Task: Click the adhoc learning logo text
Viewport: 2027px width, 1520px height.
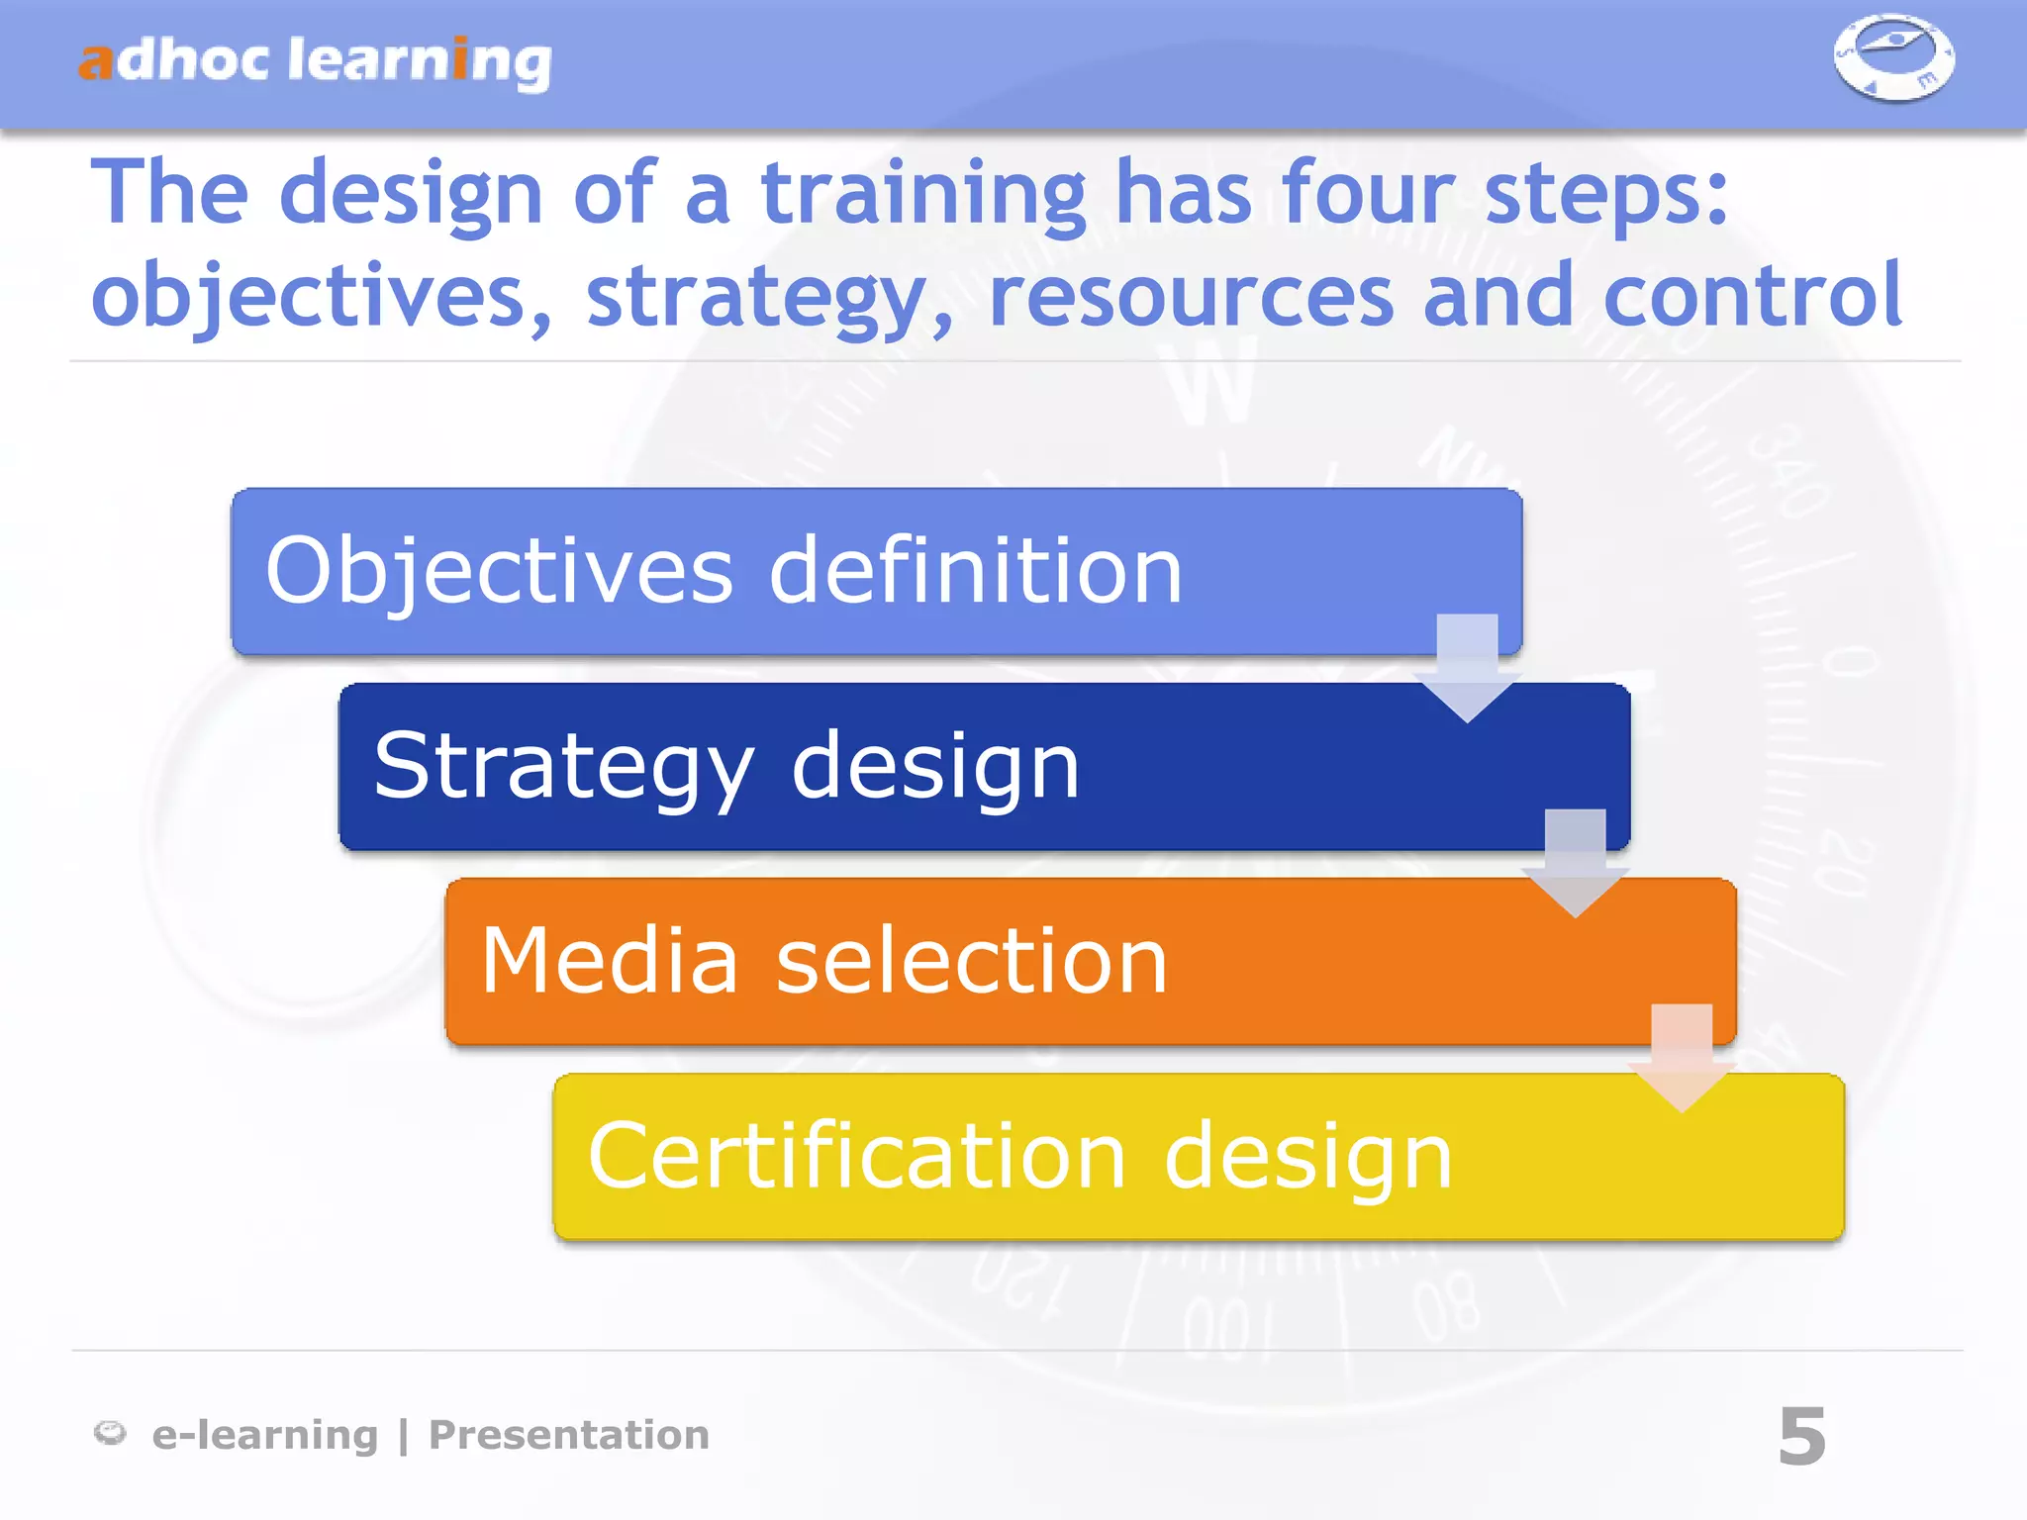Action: (315, 61)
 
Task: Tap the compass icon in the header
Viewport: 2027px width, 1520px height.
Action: (1893, 56)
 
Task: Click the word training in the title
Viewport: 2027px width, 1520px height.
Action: (923, 195)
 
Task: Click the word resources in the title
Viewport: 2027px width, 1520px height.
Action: (1191, 297)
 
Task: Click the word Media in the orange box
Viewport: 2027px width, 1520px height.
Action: (610, 961)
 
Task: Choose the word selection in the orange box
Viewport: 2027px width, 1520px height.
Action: (972, 961)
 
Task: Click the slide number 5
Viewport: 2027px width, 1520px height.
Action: (1801, 1436)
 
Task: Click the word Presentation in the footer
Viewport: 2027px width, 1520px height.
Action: (569, 1435)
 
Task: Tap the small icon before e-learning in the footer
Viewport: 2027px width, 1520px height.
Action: (110, 1432)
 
